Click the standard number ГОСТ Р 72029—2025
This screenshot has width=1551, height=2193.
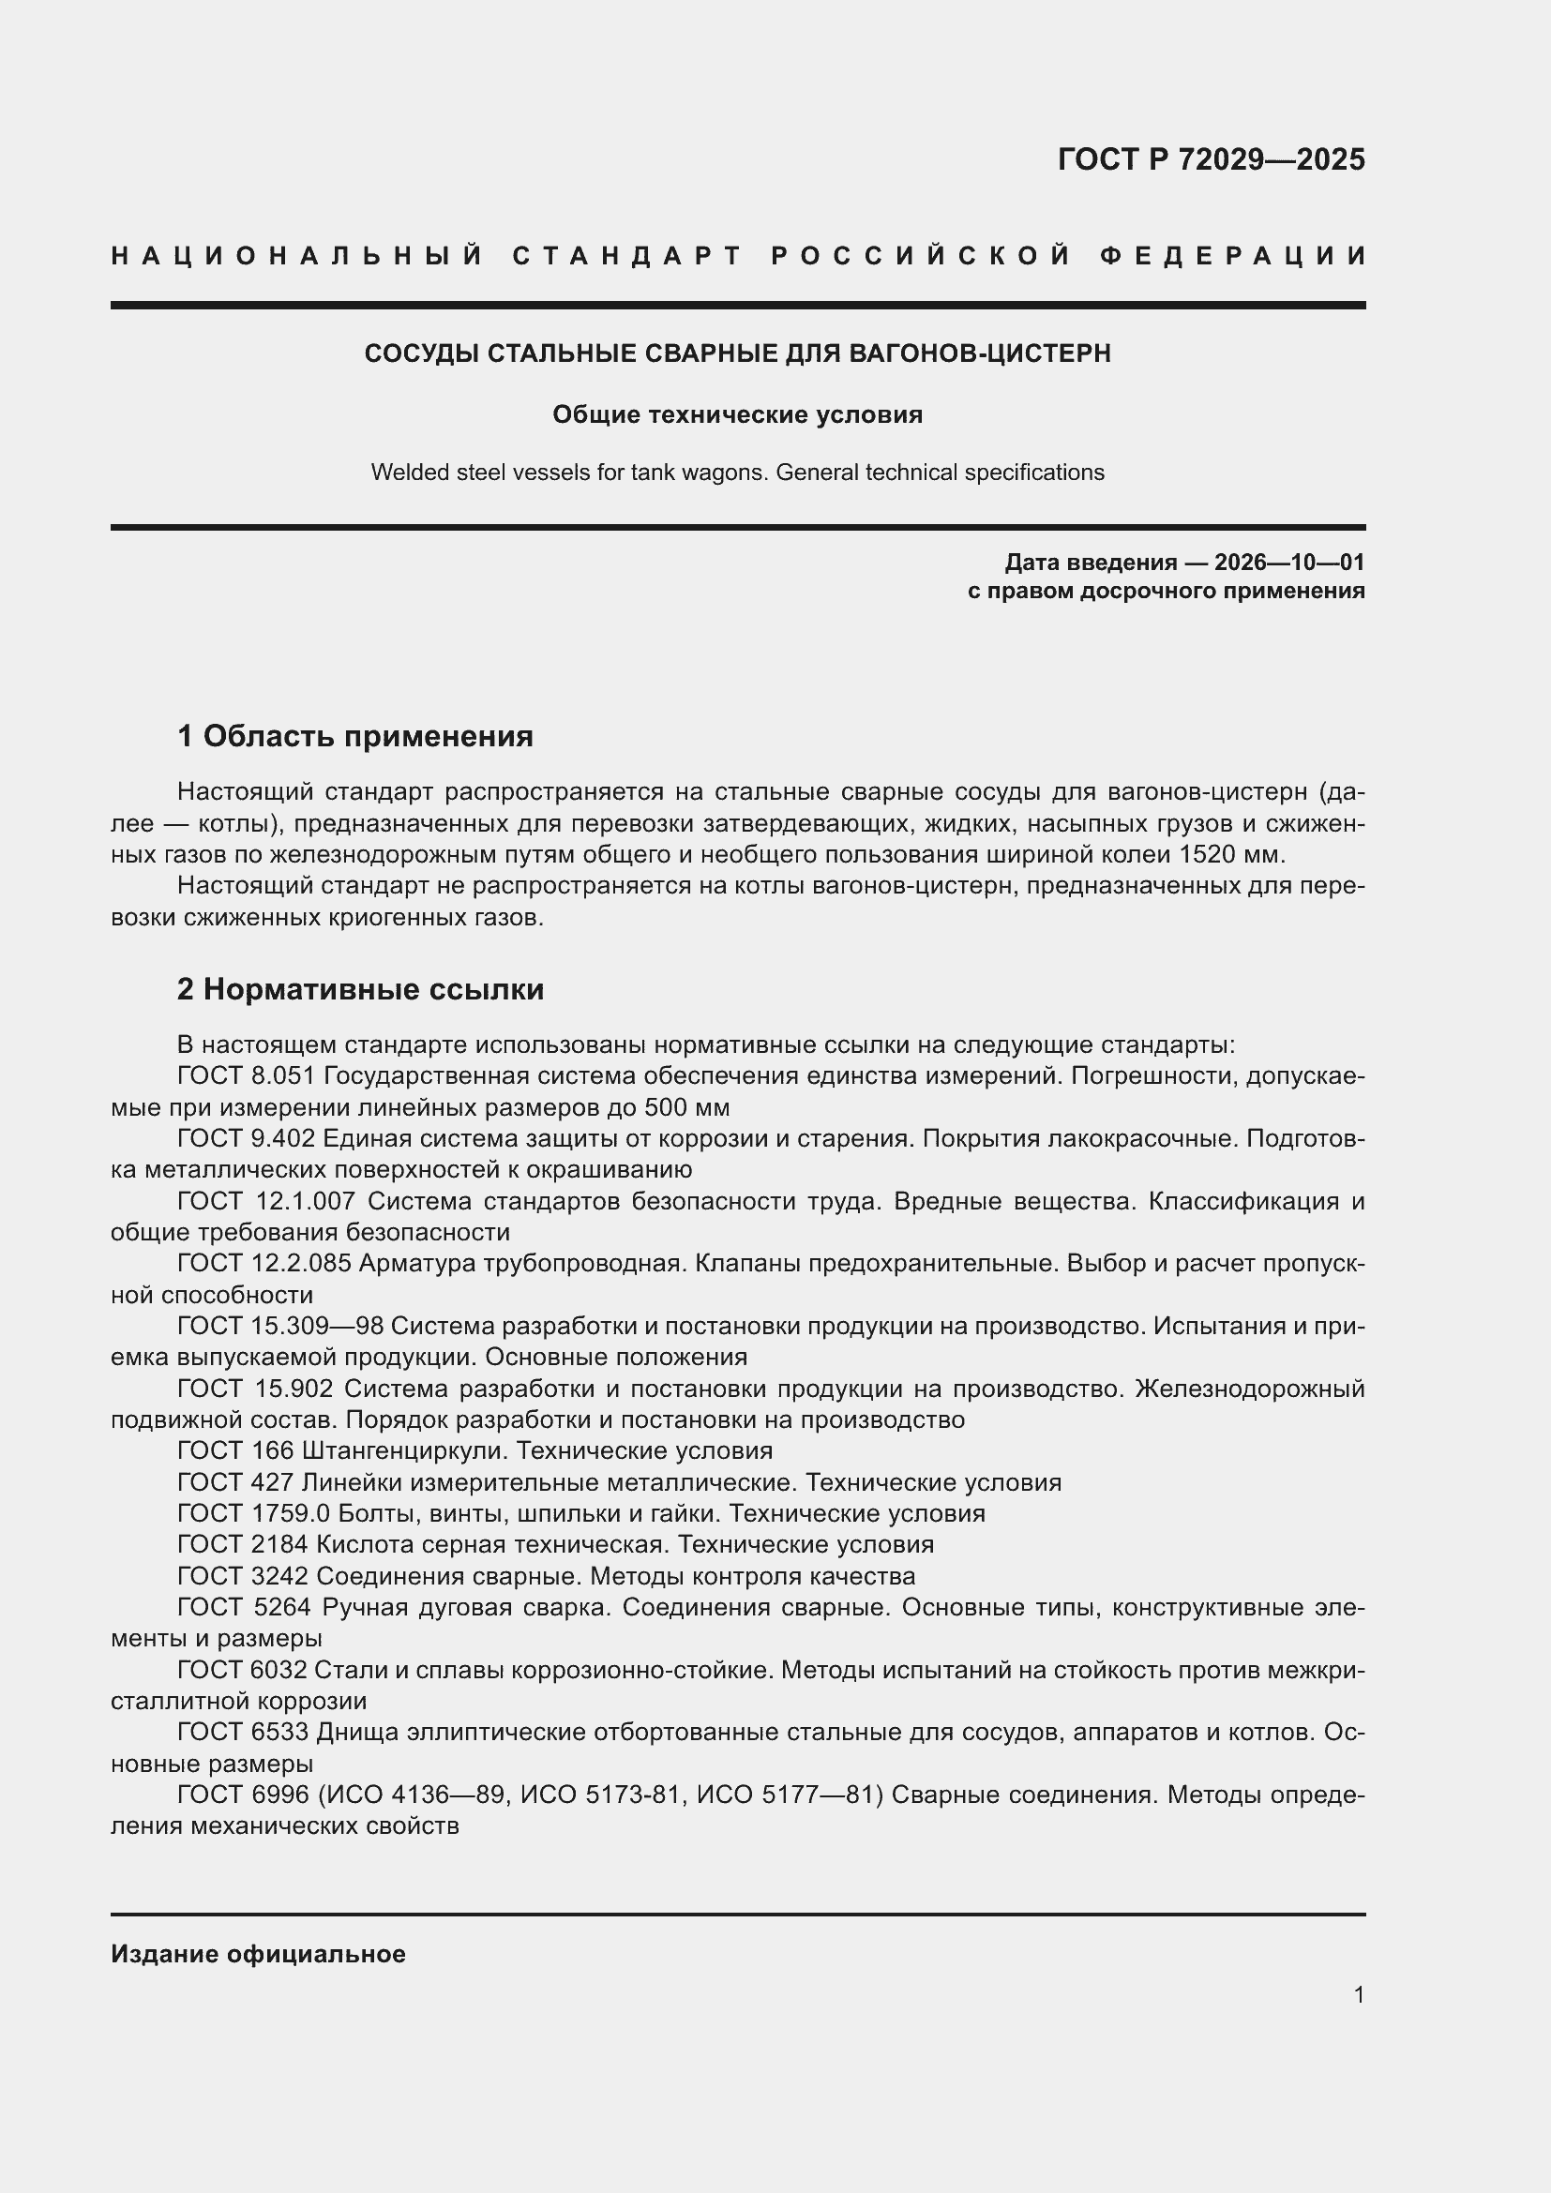tap(1210, 159)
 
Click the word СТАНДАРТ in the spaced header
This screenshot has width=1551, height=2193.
tap(627, 256)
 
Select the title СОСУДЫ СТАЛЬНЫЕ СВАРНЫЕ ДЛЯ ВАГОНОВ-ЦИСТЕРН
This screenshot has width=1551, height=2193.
tap(737, 353)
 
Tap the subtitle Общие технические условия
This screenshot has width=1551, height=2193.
tap(737, 414)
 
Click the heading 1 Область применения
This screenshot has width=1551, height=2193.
tap(354, 735)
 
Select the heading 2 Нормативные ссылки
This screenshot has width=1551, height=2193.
tap(360, 988)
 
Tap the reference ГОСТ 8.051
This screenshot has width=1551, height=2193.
tap(246, 1076)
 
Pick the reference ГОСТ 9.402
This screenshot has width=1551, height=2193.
tap(246, 1138)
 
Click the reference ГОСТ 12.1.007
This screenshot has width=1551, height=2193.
tap(265, 1202)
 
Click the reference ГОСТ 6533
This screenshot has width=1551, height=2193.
tap(242, 1732)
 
